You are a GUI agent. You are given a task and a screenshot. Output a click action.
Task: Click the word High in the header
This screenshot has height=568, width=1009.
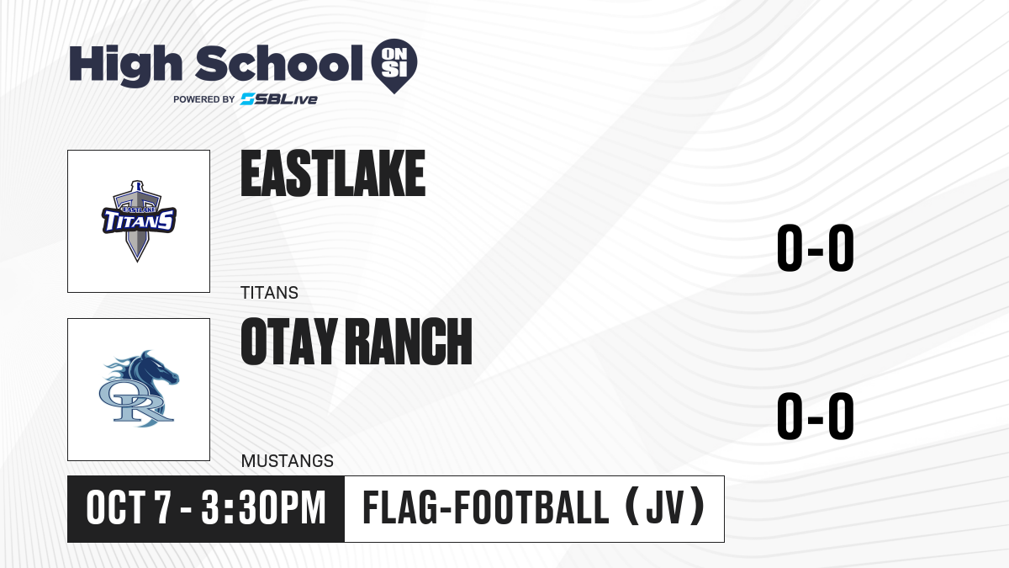pos(125,66)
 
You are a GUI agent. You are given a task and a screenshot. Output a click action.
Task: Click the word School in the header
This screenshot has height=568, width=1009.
pos(279,63)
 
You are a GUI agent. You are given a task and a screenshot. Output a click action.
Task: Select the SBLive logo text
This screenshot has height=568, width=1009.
pos(279,99)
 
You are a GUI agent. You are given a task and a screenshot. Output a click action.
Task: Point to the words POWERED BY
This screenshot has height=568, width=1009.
pos(204,99)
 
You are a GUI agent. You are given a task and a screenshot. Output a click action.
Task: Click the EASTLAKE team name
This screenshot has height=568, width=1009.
pos(333,173)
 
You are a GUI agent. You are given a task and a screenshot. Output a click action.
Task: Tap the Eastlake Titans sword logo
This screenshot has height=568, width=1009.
pos(138,220)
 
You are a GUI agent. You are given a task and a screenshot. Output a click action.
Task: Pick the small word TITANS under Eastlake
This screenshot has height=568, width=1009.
pos(269,293)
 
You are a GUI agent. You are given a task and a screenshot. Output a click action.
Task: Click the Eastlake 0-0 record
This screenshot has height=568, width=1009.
pos(816,248)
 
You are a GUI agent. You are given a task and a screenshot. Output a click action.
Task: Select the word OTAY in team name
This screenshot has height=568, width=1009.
pos(289,342)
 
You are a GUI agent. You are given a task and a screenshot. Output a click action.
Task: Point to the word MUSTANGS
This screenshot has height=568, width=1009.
pos(288,461)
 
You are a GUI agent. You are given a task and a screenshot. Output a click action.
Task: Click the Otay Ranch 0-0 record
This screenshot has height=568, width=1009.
pos(816,416)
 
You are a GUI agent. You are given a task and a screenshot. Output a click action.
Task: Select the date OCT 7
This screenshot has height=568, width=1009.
pos(129,508)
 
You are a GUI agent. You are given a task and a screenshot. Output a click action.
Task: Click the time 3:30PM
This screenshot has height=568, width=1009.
pos(263,508)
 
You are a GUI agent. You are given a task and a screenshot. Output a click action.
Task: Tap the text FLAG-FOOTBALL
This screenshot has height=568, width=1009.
pos(486,508)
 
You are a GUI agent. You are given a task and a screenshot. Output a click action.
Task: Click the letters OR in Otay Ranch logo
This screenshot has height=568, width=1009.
pos(136,401)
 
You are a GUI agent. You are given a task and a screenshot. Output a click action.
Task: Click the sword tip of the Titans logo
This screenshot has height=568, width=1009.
pos(137,260)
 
